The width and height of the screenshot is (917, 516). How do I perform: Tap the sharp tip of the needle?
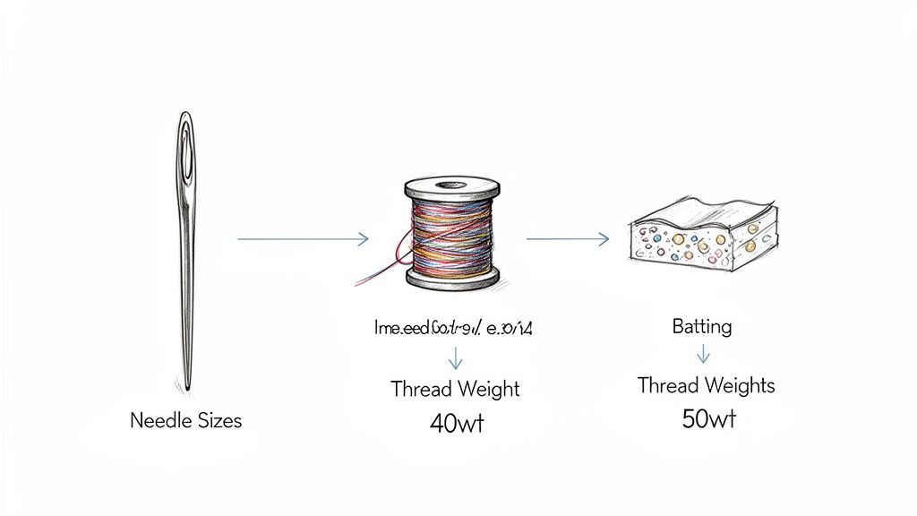(x=188, y=387)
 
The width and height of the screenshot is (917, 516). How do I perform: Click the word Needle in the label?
(x=157, y=419)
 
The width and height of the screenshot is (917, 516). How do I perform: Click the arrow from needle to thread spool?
(x=303, y=238)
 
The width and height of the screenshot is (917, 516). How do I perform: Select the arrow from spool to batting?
(x=568, y=238)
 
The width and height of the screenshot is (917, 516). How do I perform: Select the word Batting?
(x=701, y=326)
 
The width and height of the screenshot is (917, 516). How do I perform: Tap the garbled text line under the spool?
(x=453, y=329)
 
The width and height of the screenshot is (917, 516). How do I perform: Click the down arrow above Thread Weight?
(x=455, y=358)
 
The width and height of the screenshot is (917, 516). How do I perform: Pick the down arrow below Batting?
(x=703, y=355)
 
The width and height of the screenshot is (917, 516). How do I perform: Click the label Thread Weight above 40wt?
(x=455, y=390)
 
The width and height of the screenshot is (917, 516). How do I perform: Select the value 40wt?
(x=457, y=424)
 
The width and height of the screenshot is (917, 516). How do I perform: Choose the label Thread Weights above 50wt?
(x=706, y=386)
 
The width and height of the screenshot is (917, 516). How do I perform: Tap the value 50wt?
(x=708, y=418)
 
